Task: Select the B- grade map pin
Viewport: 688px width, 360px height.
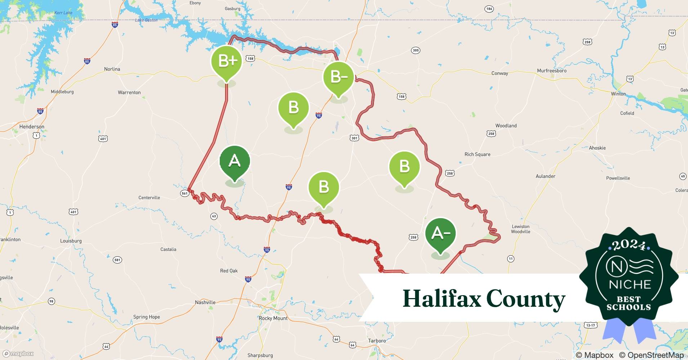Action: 338,77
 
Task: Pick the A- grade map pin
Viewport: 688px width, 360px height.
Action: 440,234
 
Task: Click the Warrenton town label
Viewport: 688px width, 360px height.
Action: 129,93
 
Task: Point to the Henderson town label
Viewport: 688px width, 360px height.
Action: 32,127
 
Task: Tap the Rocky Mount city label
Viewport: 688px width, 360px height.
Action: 273,318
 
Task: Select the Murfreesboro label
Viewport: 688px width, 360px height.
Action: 551,71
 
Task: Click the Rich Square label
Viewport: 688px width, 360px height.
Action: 477,154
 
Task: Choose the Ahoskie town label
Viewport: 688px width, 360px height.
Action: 597,148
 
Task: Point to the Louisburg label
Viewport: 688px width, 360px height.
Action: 71,241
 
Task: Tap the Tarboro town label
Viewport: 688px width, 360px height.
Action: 377,341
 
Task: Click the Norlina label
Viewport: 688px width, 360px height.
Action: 112,69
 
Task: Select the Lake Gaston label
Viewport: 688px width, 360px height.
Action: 146,20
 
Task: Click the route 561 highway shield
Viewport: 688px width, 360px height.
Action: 185,193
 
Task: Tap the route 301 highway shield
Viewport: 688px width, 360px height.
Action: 354,138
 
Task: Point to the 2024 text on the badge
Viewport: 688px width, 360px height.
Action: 629,246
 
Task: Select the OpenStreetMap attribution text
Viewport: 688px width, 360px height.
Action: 652,355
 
